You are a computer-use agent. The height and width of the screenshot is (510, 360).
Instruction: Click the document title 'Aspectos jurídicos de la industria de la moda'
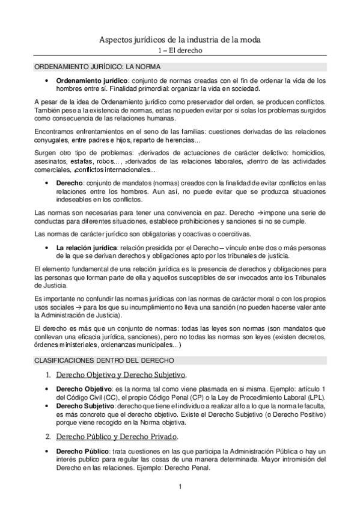click(x=180, y=40)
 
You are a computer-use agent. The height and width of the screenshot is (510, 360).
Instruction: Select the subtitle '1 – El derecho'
click(x=180, y=51)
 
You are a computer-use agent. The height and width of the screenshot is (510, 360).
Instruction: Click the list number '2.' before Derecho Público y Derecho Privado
click(x=48, y=437)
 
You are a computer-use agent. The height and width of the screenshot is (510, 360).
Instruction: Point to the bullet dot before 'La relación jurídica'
click(x=47, y=248)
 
